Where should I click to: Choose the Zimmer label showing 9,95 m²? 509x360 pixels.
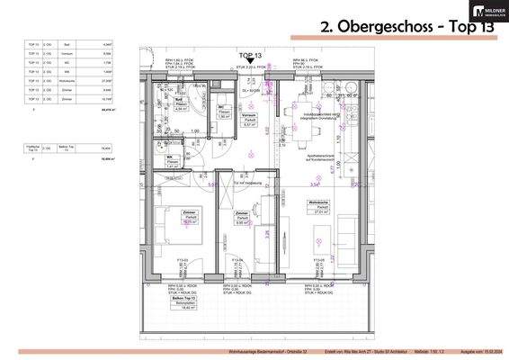tap(243, 216)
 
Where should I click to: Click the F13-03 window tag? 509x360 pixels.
tap(183, 260)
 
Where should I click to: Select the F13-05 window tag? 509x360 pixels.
tap(320, 260)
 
